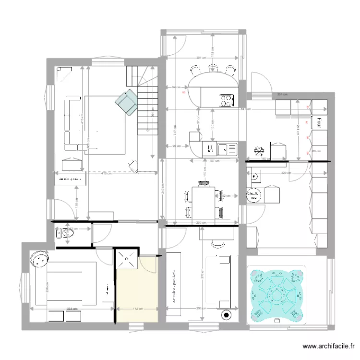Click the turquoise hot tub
276,295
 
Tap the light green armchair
127,103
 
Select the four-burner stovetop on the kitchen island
226,100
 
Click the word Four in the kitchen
316,123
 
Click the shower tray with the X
127,260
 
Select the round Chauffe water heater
253,194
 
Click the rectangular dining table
202,202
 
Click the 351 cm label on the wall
282,94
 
